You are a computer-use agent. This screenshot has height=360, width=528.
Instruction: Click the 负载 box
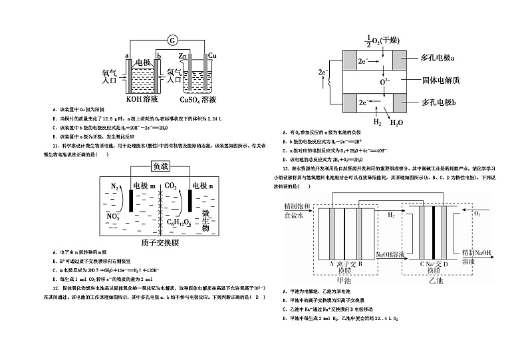pos(160,166)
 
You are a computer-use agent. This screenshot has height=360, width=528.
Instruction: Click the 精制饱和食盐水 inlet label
pos(297,210)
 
